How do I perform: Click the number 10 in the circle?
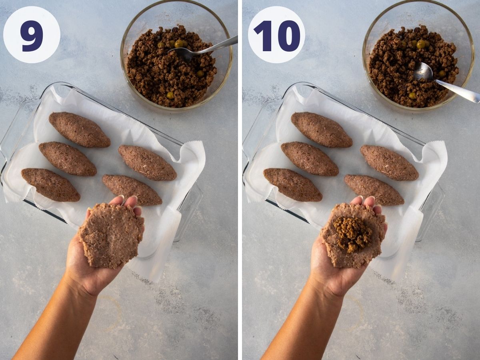click(276, 35)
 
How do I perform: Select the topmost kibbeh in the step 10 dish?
click(321, 129)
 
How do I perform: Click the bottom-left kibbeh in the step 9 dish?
click(50, 184)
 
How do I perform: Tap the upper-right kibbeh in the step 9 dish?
click(147, 162)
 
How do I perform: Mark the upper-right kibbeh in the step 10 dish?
click(389, 162)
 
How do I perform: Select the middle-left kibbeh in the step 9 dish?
click(67, 158)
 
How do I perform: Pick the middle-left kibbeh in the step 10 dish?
click(309, 158)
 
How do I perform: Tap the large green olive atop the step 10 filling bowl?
click(421, 44)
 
